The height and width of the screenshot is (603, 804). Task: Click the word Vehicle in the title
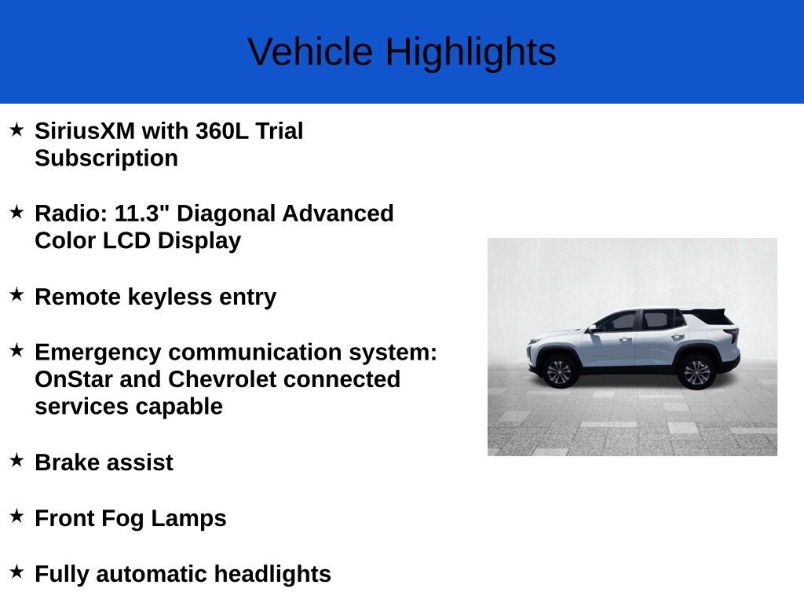coord(310,51)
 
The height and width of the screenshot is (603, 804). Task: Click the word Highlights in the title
coord(471,53)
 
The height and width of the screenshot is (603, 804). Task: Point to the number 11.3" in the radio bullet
coord(142,213)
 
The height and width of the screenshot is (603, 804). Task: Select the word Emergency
coord(98,353)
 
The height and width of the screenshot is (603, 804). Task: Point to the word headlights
coord(272,574)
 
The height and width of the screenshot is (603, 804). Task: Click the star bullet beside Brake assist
coord(17,460)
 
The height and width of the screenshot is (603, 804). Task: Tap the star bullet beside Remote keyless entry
coord(17,294)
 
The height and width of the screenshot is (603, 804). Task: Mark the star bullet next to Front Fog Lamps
coord(17,516)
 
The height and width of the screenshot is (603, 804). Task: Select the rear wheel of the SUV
coord(697,371)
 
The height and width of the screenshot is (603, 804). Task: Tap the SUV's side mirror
coord(593,329)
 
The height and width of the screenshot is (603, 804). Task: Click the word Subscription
coord(107,159)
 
